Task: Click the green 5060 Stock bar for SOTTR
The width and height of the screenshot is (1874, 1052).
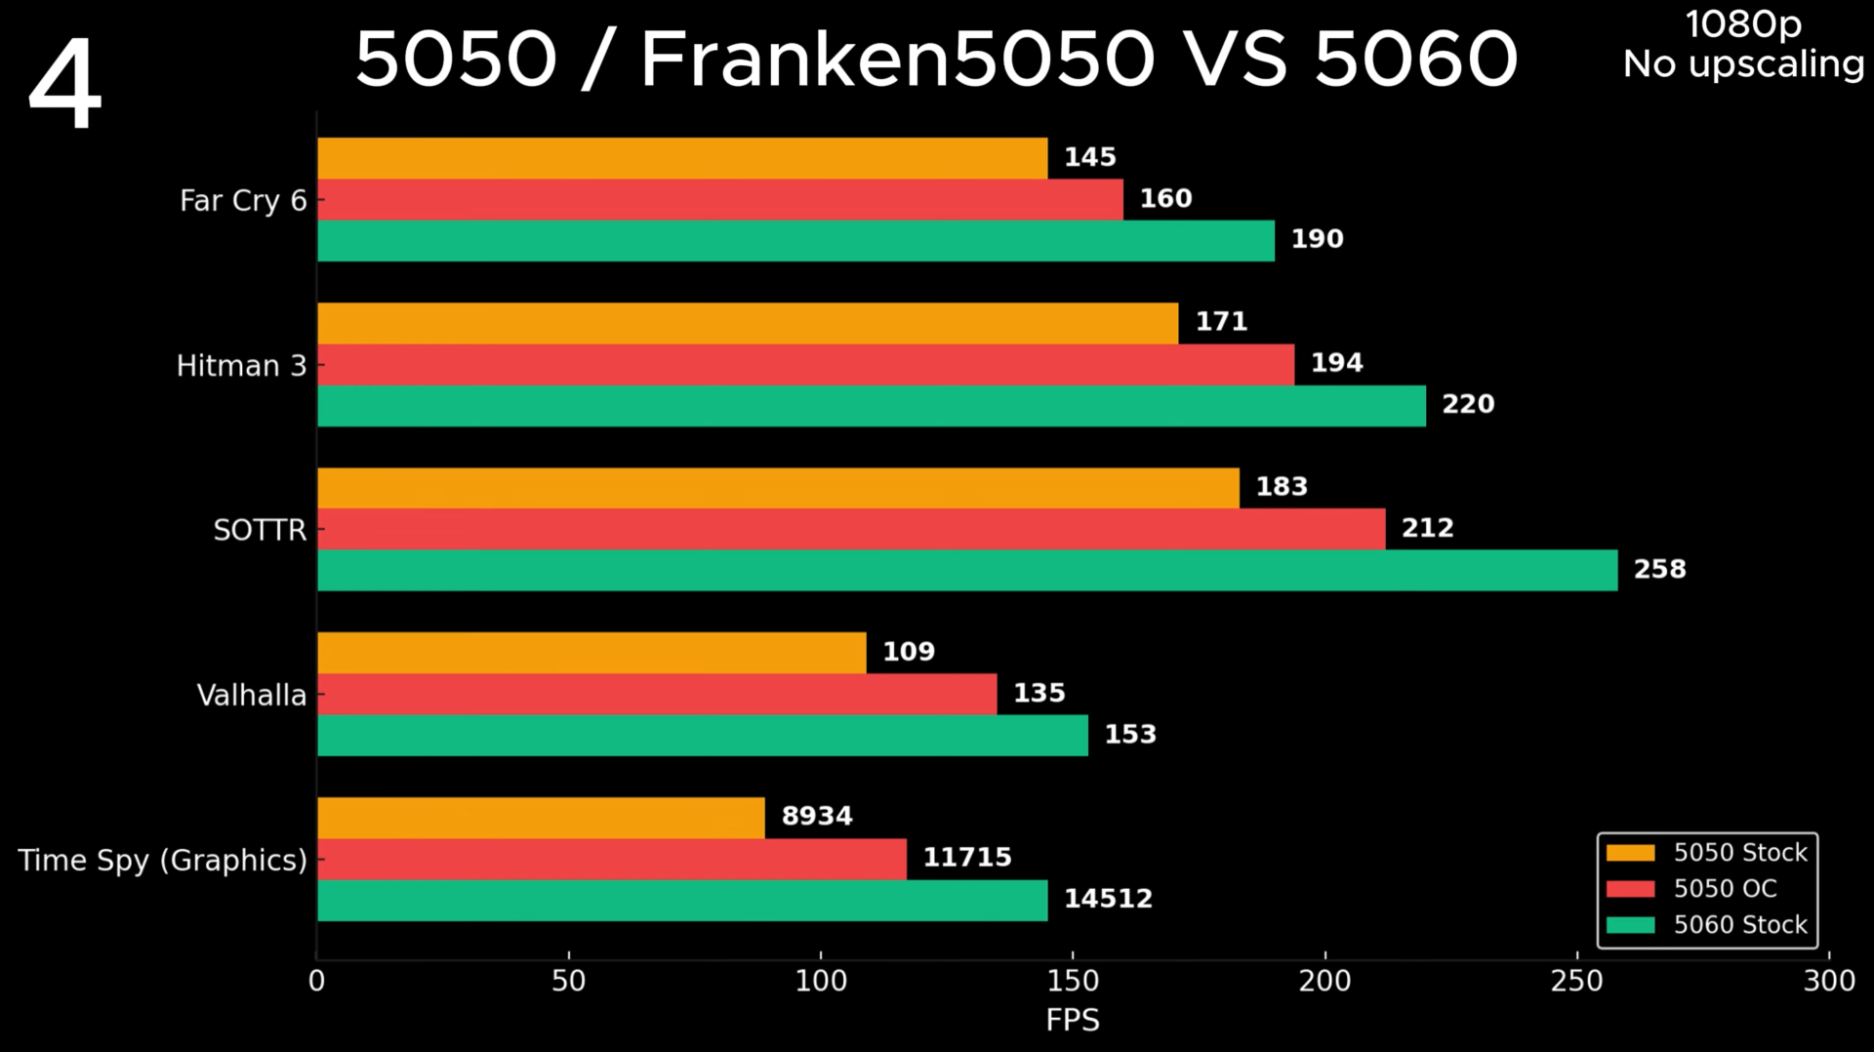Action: click(x=966, y=570)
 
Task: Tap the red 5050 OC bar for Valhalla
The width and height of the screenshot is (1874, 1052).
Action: click(x=656, y=694)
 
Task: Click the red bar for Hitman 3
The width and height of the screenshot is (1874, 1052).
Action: click(x=805, y=364)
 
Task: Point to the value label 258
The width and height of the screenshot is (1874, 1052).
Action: click(x=1659, y=569)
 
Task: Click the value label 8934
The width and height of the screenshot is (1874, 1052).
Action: click(x=817, y=816)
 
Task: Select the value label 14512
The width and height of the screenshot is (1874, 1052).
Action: click(x=1108, y=899)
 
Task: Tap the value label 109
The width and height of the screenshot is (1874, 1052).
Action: click(x=908, y=651)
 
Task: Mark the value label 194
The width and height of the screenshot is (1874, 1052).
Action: click(x=1336, y=363)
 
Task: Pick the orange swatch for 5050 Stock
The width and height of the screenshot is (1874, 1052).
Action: click(x=1630, y=853)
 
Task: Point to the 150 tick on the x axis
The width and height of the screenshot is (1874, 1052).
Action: click(x=1073, y=981)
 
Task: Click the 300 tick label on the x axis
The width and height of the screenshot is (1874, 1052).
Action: click(x=1828, y=981)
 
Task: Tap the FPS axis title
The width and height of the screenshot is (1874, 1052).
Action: click(x=1072, y=1020)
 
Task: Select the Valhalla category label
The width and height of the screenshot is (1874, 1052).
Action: click(x=251, y=695)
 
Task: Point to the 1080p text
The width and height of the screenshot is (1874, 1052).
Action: click(x=1743, y=24)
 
